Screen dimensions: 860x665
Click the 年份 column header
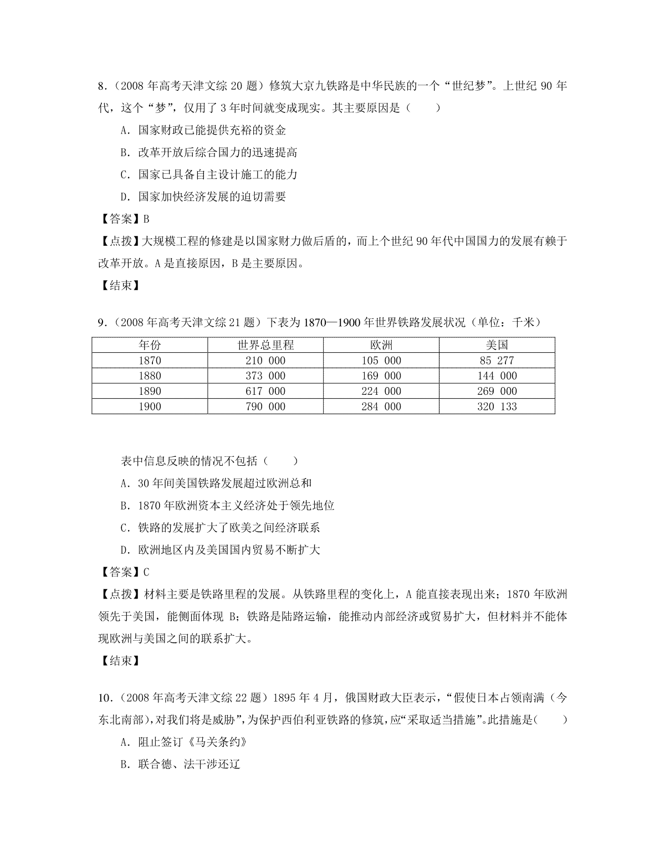150,345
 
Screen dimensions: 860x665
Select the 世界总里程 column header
265,345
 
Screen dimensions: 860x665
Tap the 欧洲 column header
381,345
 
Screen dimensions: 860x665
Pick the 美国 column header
497,345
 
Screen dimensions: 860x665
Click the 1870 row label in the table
150,361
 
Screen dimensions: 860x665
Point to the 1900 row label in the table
150,406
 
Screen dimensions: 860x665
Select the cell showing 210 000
265,361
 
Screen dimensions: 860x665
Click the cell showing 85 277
497,361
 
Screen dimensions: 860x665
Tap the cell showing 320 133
497,406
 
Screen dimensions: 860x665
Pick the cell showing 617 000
265,391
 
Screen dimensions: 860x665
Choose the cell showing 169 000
381,376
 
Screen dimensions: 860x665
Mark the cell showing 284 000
381,406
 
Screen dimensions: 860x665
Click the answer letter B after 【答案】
146,219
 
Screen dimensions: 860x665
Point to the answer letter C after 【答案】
146,572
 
